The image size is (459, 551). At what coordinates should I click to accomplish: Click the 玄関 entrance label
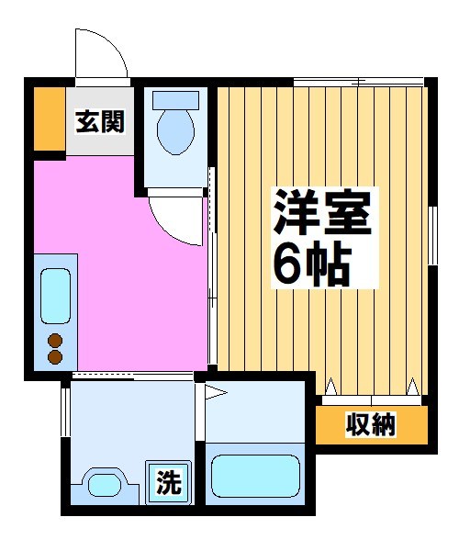(100, 119)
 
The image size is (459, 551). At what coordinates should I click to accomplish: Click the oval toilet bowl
(174, 132)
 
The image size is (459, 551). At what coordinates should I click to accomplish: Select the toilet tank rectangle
(174, 99)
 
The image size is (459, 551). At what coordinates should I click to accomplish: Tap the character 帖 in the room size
(329, 265)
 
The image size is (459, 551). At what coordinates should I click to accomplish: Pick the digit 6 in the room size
(288, 265)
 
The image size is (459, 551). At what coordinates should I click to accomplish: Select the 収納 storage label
(371, 425)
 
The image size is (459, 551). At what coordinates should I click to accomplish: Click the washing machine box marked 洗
(168, 481)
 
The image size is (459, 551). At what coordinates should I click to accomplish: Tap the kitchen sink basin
(55, 297)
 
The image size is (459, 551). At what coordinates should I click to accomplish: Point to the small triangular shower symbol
(215, 394)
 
